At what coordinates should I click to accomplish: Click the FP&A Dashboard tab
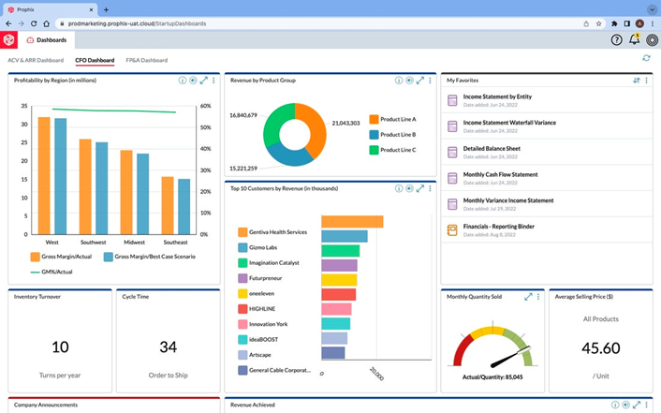tap(146, 60)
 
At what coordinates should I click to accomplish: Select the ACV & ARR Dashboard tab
tap(36, 60)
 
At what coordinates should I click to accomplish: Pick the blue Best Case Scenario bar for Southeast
tap(184, 206)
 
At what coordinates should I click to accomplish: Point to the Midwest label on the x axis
tap(134, 242)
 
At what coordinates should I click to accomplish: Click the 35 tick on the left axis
tap(25, 106)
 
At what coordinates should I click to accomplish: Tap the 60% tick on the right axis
tap(205, 106)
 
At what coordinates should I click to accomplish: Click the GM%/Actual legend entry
tap(55, 272)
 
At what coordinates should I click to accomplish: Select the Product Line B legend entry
tap(397, 134)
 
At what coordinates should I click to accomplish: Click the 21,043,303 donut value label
tap(345, 123)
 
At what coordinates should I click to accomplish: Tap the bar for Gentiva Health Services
tap(352, 222)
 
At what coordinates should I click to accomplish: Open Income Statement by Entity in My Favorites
tap(497, 96)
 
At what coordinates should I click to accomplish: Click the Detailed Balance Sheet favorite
tap(491, 148)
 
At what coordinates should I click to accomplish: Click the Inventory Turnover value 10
tap(60, 347)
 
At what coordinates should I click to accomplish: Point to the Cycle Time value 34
tap(168, 347)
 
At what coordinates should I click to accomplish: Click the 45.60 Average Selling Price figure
tap(600, 347)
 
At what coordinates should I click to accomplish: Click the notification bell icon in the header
tap(634, 40)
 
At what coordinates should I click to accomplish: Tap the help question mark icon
tap(616, 40)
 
